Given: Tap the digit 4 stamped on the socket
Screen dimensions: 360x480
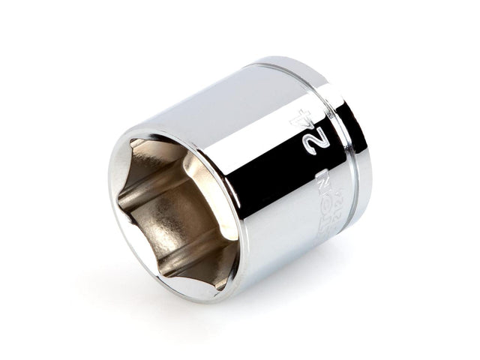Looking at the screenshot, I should (x=303, y=120).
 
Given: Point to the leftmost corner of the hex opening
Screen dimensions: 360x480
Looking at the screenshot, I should (x=118, y=196).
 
